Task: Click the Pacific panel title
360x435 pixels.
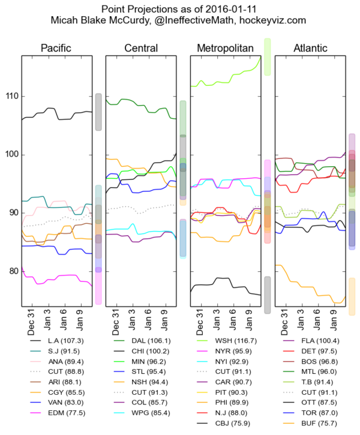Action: point(57,48)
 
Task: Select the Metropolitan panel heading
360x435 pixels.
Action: point(225,48)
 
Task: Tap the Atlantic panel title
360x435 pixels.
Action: point(310,48)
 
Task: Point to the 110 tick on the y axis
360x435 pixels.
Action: point(10,97)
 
